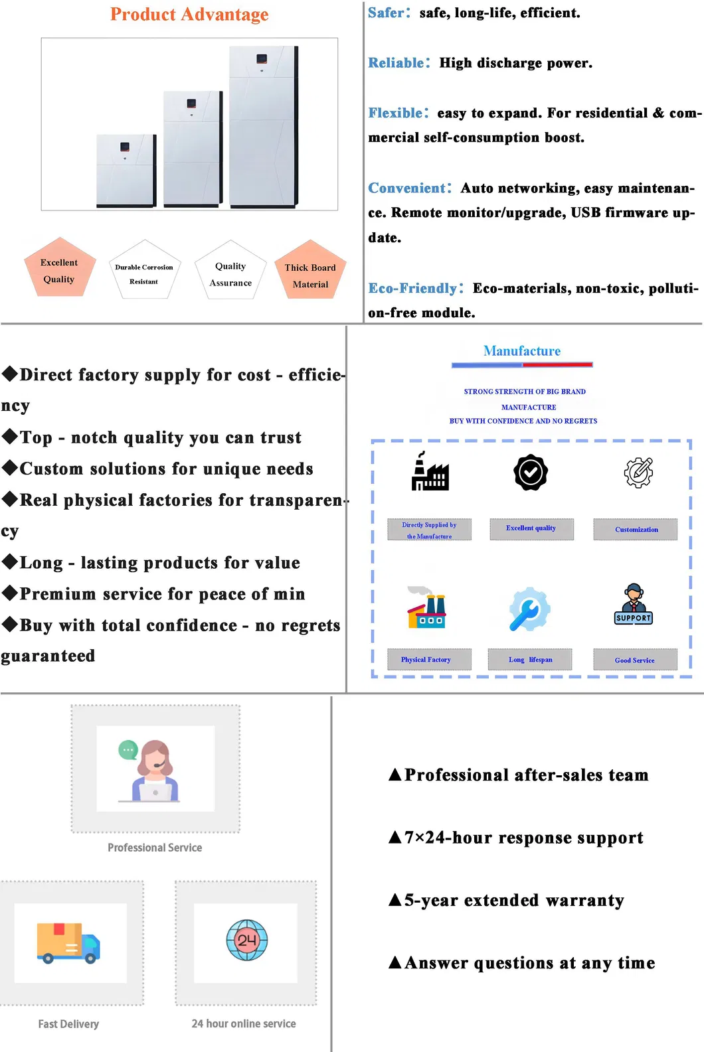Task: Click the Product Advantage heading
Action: coord(189,14)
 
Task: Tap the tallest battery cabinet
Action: coord(263,127)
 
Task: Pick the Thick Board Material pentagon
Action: coord(310,269)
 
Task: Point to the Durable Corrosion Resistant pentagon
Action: coord(145,269)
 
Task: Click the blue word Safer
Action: coord(386,13)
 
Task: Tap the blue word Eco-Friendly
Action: coord(412,288)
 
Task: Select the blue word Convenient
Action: coord(406,188)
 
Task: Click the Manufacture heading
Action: coord(521,351)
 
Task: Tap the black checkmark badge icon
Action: coord(531,472)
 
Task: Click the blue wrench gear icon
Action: coord(529,609)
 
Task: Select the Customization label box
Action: coord(636,529)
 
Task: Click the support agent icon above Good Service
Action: coord(634,604)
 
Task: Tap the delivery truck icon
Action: coord(68,943)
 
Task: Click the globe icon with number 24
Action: coord(246,940)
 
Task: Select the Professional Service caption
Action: coord(155,847)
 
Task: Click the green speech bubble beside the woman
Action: coord(128,750)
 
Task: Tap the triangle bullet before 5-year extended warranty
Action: coord(395,899)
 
